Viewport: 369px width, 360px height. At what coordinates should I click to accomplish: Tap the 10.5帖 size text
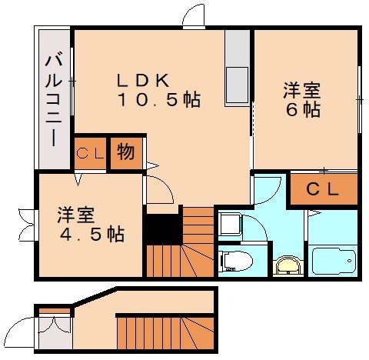[x=159, y=99]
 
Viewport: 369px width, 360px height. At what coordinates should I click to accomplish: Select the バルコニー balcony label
[x=52, y=97]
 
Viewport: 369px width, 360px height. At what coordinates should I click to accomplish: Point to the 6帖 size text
[x=302, y=110]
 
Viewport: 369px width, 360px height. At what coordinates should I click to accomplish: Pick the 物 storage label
[x=126, y=152]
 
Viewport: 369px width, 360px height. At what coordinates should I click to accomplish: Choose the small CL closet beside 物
[x=91, y=153]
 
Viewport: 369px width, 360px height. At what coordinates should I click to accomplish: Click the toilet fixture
[x=233, y=261]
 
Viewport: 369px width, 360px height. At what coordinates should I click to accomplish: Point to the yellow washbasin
[x=287, y=266]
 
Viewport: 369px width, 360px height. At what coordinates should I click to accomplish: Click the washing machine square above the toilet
[x=230, y=225]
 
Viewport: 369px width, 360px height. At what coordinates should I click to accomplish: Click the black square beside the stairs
[x=162, y=228]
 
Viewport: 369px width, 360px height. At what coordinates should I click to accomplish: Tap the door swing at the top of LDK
[x=194, y=16]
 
